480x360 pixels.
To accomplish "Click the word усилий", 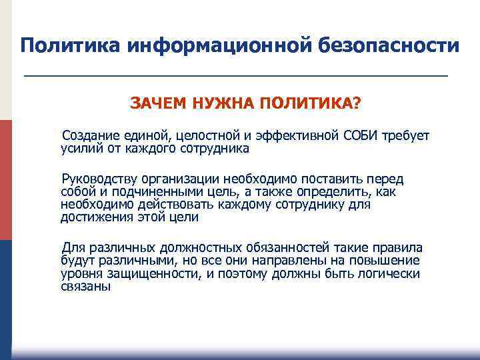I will (x=79, y=149).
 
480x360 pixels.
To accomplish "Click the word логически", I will (x=391, y=273).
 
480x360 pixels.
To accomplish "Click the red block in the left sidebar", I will (x=6, y=180).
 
